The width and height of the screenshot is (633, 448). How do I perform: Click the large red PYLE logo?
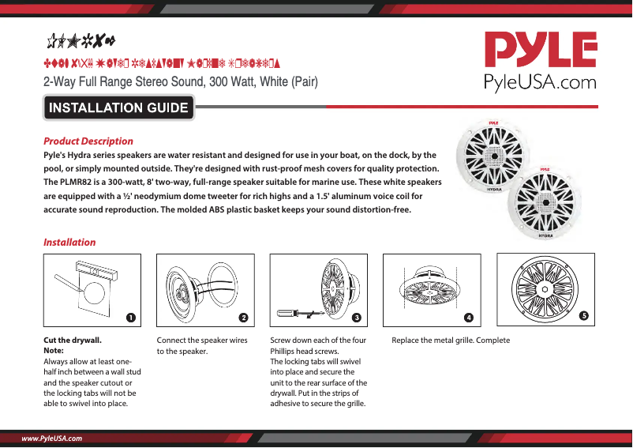(x=540, y=51)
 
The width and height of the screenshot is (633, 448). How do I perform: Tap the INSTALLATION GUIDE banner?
(x=118, y=108)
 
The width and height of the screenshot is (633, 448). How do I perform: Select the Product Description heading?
(x=88, y=141)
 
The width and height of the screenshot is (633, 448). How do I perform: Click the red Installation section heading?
(x=69, y=243)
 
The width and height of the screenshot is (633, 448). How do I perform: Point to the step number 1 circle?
(x=130, y=317)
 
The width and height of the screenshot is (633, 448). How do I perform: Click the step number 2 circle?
(x=244, y=317)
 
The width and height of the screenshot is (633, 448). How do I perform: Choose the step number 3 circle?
(x=357, y=317)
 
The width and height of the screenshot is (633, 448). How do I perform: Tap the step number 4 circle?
(x=469, y=317)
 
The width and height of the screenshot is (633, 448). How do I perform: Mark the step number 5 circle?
(x=582, y=315)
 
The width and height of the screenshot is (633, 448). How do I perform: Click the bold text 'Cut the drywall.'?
(x=72, y=341)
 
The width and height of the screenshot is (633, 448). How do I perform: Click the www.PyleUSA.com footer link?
(x=52, y=437)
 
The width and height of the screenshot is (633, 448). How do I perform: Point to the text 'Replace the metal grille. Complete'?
(x=451, y=341)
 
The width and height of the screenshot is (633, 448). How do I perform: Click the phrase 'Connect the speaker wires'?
(x=202, y=341)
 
